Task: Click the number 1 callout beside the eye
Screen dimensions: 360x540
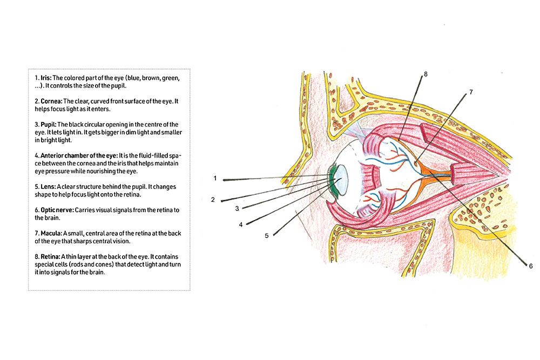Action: (x=214, y=178)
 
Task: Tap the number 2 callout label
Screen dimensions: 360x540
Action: (x=213, y=200)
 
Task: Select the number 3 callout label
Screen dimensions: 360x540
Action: (x=237, y=208)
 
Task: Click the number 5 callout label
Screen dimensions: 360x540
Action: (x=267, y=235)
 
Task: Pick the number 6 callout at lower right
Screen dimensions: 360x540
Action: (x=530, y=266)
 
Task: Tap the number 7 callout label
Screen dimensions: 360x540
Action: (x=470, y=92)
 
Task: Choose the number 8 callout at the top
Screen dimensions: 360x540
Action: (x=426, y=74)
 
